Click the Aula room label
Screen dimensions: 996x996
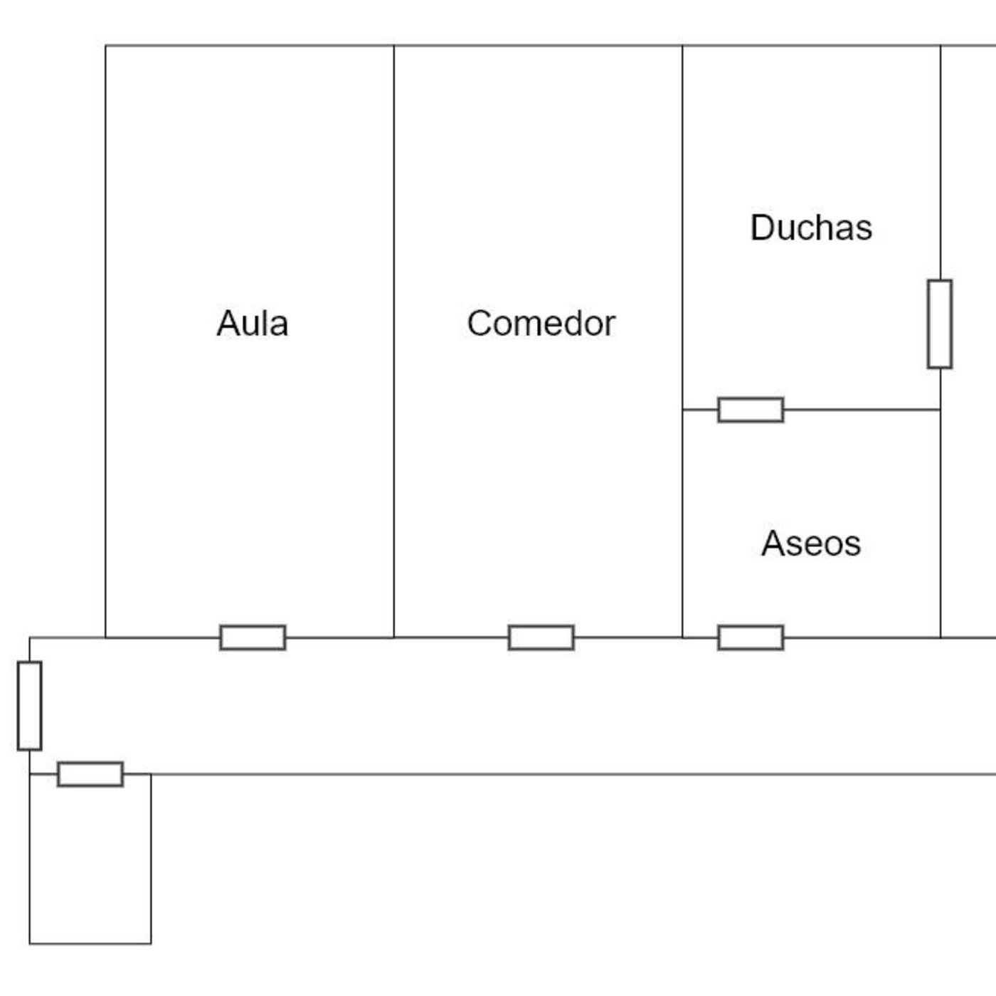click(253, 324)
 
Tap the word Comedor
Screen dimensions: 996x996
click(541, 324)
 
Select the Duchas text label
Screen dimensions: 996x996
click(811, 228)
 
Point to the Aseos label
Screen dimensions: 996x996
click(811, 544)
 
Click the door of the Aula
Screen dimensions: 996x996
click(253, 637)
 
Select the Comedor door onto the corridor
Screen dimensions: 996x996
click(541, 637)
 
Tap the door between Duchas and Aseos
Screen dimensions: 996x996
click(751, 410)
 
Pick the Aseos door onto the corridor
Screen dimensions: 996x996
click(751, 637)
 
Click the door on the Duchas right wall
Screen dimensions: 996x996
click(940, 324)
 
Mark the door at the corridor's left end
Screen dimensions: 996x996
click(29, 706)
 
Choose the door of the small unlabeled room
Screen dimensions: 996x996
click(90, 774)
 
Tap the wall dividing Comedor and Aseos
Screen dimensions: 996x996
click(682, 526)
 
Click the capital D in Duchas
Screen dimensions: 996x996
click(762, 228)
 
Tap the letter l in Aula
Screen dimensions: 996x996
click(264, 324)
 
